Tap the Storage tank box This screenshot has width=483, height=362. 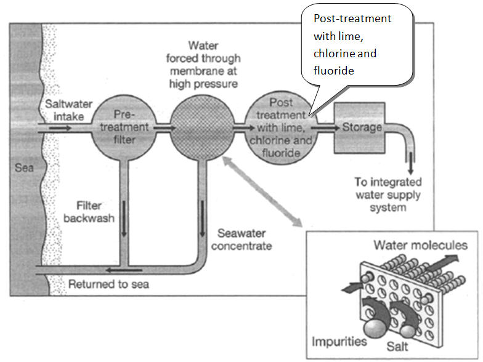[x=359, y=127]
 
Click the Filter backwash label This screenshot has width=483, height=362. [x=96, y=211]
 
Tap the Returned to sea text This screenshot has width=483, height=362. [x=108, y=284]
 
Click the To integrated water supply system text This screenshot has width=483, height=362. [x=388, y=195]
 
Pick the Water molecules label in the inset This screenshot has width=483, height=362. [x=420, y=245]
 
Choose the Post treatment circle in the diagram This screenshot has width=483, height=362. [x=280, y=127]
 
